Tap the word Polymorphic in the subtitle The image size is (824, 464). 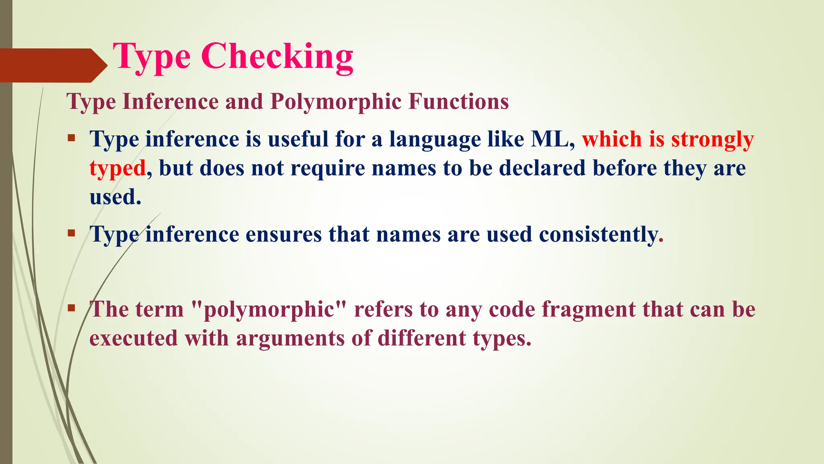click(336, 101)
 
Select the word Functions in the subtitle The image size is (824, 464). click(459, 101)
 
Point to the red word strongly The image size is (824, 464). click(713, 140)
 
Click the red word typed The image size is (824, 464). click(117, 168)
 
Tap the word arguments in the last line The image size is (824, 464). click(290, 338)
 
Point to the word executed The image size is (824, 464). click(133, 338)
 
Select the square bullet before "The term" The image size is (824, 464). click(72, 309)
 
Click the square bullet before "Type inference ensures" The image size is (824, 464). click(72, 233)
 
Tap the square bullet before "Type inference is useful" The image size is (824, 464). click(72, 138)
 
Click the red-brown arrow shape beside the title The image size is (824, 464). click(52, 65)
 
